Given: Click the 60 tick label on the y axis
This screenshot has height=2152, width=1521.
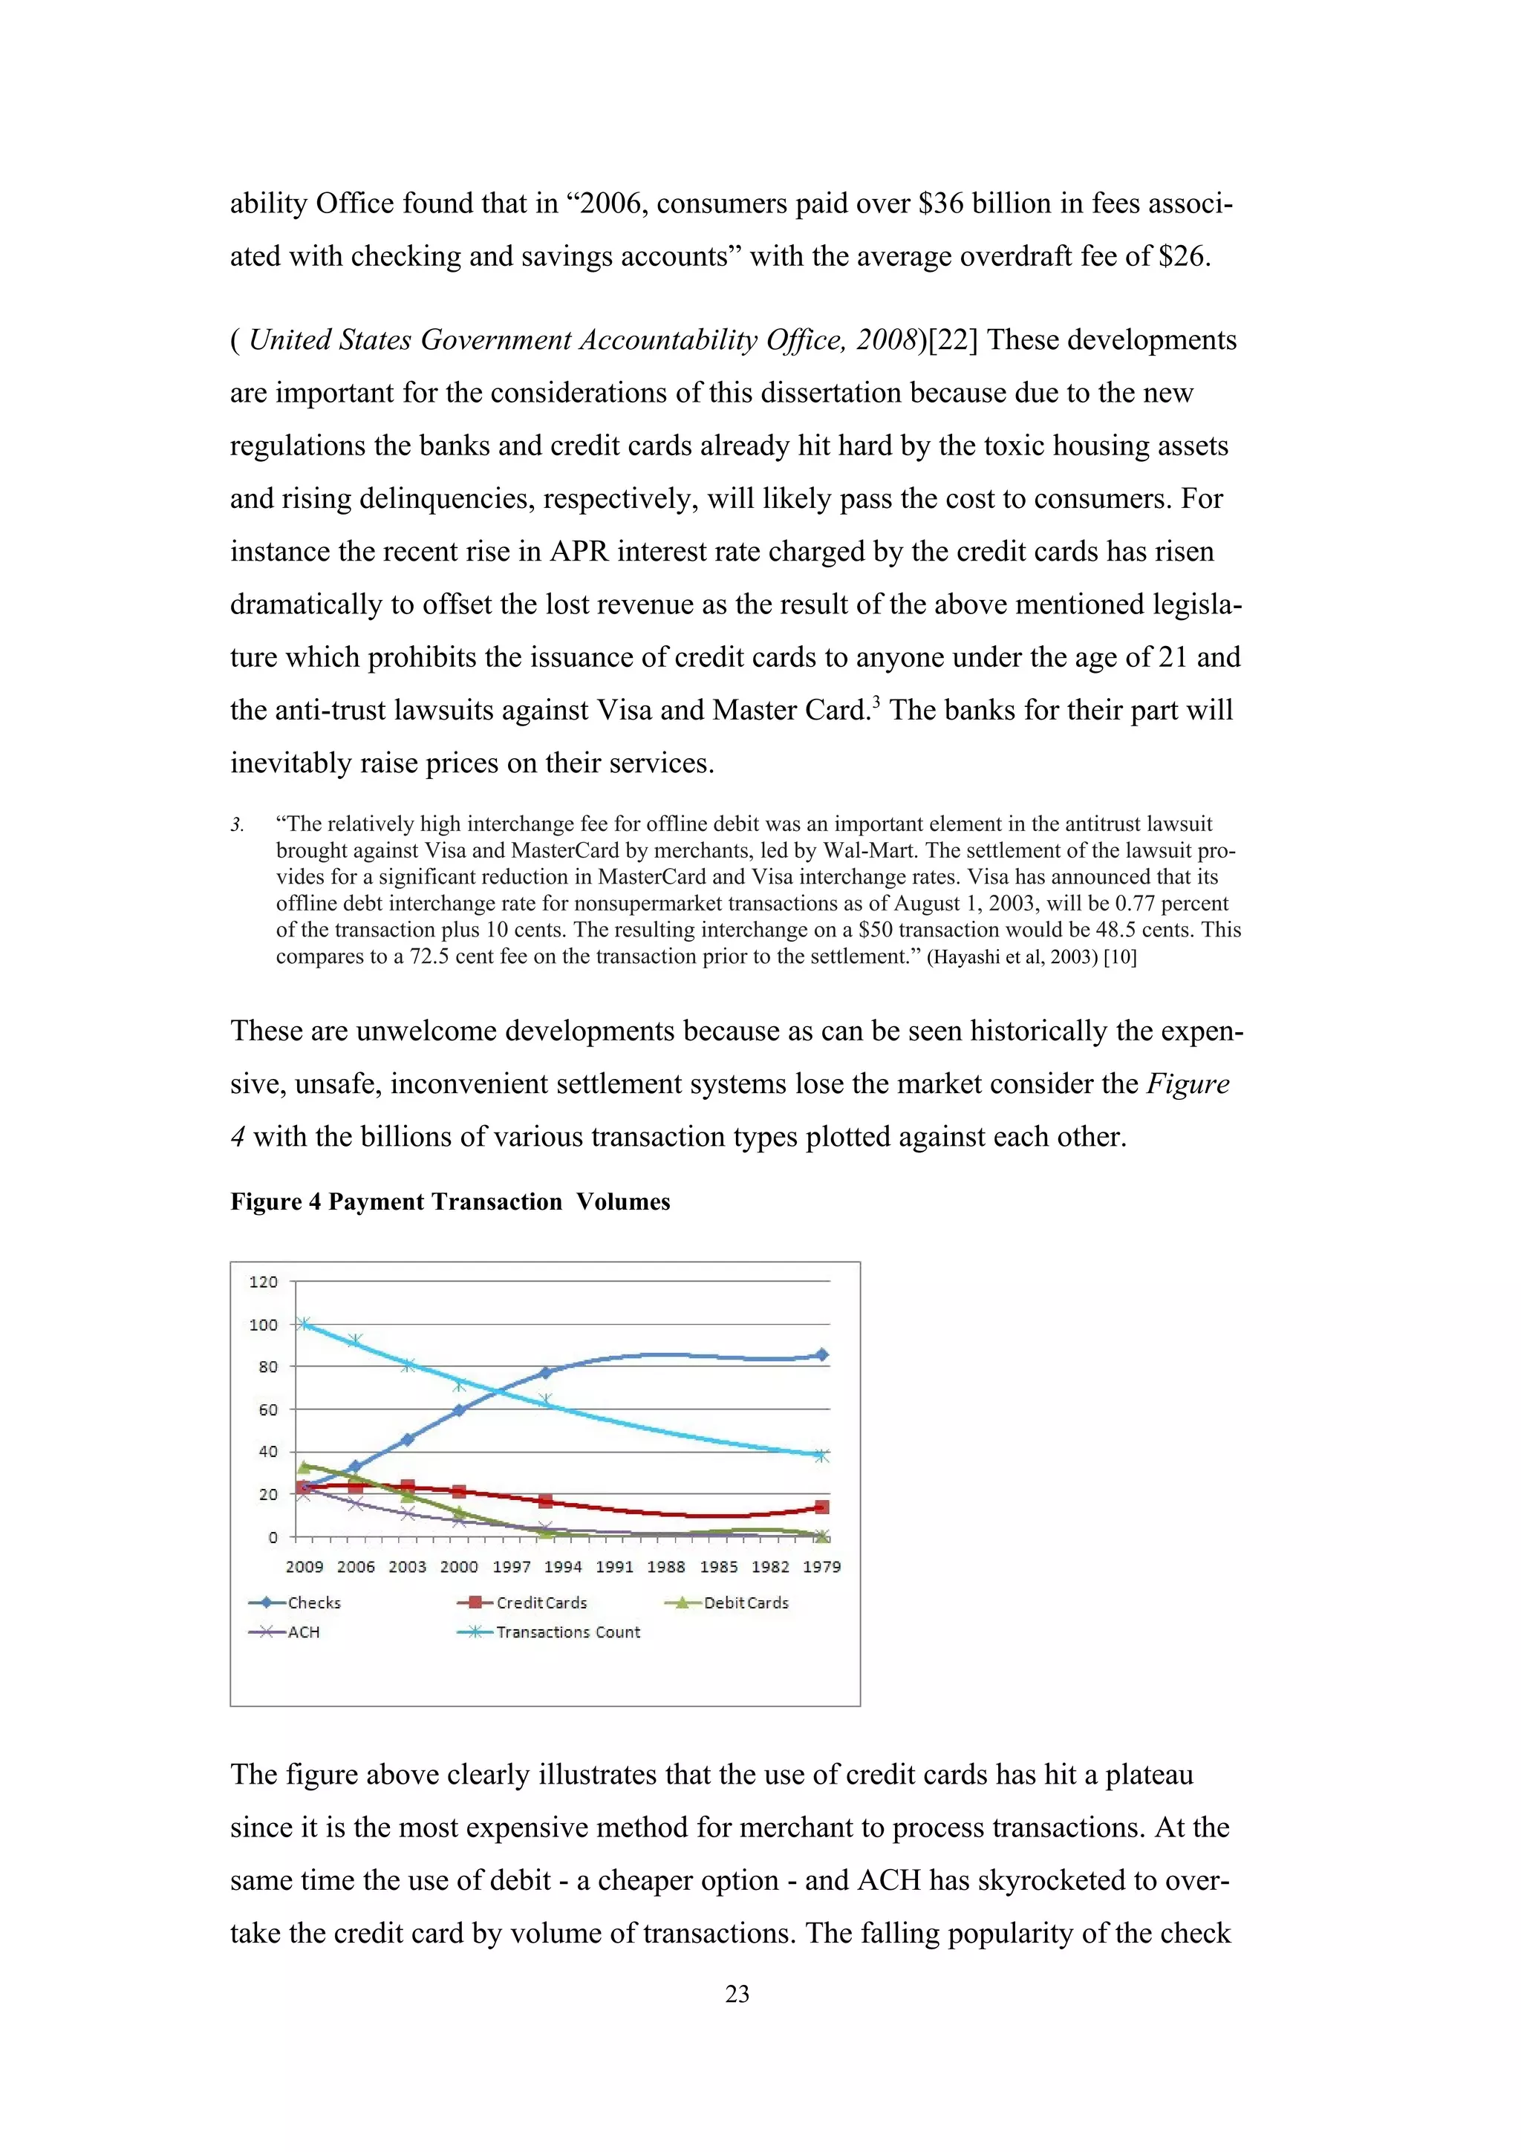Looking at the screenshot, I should tap(268, 1409).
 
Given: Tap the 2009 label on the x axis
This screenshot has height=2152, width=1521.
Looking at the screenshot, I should tap(304, 1566).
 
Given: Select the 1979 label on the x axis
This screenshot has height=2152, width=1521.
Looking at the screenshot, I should tap(822, 1566).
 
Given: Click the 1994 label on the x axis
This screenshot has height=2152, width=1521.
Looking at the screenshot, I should tap(562, 1566).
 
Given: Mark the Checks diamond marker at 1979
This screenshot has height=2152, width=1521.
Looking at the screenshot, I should tap(822, 1355).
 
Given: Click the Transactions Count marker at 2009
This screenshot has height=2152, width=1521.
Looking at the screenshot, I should tap(303, 1323).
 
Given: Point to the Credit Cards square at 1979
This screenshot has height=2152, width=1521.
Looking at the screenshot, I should tap(822, 1507).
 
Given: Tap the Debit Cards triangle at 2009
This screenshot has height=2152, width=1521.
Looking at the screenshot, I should tap(304, 1467).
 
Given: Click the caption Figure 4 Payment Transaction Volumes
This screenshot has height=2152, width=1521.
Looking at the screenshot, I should tap(450, 1201).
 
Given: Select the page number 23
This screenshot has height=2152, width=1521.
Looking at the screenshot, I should tap(737, 1994).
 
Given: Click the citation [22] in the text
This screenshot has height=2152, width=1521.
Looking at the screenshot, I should tap(952, 340).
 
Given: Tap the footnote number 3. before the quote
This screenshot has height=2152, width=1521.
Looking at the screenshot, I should tap(237, 825).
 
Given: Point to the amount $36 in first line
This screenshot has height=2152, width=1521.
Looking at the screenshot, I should tap(940, 203).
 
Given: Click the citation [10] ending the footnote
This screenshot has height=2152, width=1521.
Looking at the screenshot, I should tap(1120, 957).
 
